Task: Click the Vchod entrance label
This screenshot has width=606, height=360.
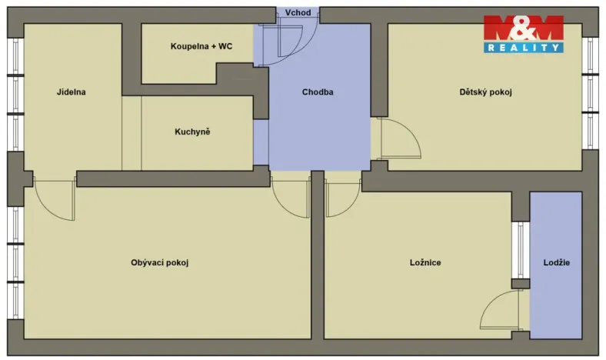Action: tap(298, 13)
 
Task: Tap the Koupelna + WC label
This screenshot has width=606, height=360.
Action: tap(201, 46)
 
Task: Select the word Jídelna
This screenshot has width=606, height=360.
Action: tap(71, 92)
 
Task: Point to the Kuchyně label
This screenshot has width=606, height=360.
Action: tap(192, 132)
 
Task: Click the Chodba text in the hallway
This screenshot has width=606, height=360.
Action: tap(317, 92)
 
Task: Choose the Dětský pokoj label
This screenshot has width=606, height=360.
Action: tap(485, 92)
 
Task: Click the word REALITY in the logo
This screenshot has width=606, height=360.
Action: tap(523, 48)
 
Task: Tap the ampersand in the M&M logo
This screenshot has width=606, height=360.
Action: tap(523, 28)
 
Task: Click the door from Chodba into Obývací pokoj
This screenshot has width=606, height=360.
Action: tap(291, 196)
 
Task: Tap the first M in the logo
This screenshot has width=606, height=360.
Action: tap(500, 28)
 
